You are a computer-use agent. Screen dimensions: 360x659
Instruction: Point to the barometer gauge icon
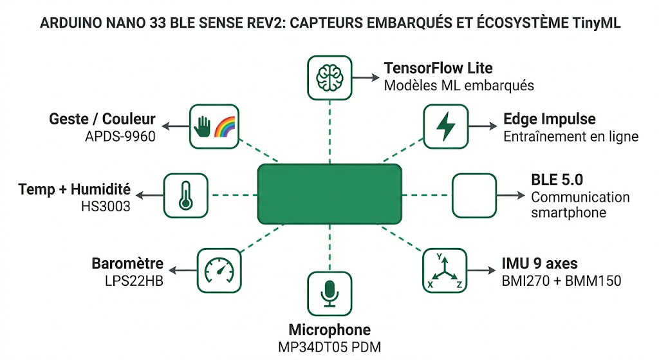(x=217, y=270)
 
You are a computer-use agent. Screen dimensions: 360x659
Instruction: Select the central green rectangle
(x=329, y=191)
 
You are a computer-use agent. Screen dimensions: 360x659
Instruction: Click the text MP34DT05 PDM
(x=329, y=348)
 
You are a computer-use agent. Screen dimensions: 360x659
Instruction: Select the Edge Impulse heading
(x=549, y=119)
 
